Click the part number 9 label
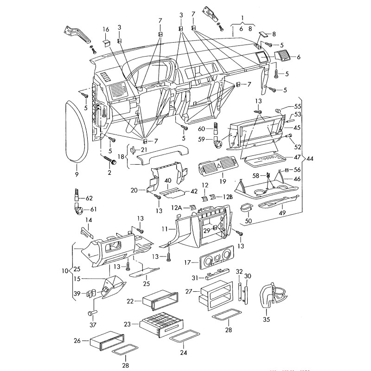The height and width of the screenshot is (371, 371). pyautogui.click(x=77, y=174)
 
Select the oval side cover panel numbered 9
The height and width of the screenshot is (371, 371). pyautogui.click(x=76, y=131)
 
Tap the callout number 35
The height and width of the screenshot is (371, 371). pyautogui.click(x=266, y=320)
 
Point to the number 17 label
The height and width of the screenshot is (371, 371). pyautogui.click(x=188, y=262)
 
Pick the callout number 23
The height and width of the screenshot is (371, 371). pyautogui.click(x=128, y=325)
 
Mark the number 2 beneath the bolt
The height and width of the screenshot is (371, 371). pyautogui.click(x=110, y=173)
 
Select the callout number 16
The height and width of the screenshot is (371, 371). pyautogui.click(x=106, y=30)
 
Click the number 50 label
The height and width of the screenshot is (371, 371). pyautogui.click(x=248, y=221)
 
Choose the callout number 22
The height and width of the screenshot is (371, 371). pyautogui.click(x=131, y=301)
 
